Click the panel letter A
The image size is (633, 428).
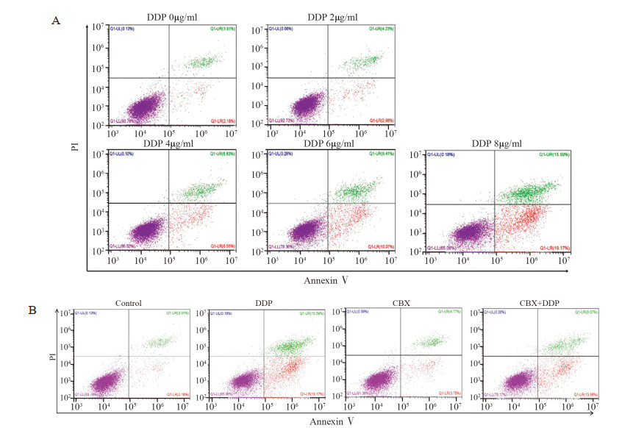(55, 21)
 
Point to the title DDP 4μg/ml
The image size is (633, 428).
(173, 143)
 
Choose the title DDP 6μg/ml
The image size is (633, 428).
(329, 143)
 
